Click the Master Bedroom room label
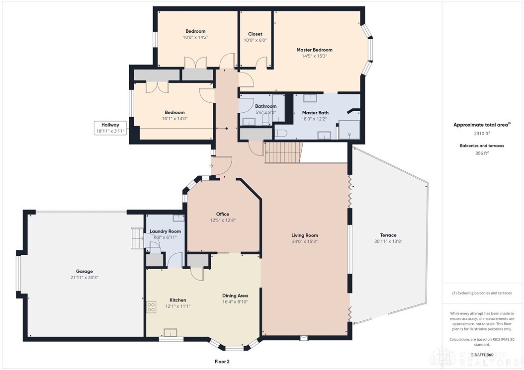pos(314,50)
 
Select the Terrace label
pos(388,235)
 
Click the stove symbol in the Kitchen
pos(151,307)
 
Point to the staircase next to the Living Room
pos(284,152)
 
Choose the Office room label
pos(223,214)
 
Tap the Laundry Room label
pos(165,231)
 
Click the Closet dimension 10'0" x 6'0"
pos(255,41)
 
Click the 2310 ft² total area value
pos(482,134)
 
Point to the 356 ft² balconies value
pos(482,153)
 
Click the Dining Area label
pos(235,296)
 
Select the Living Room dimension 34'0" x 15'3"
pos(304,241)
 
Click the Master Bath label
pos(315,113)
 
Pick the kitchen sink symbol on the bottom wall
pos(171,333)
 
